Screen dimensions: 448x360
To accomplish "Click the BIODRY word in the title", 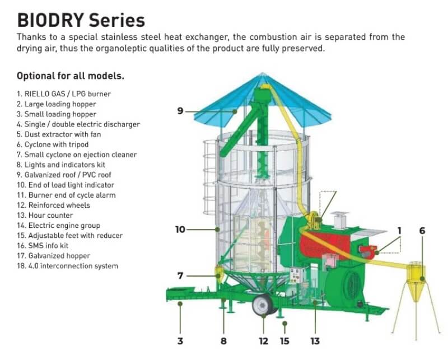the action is point(50,20).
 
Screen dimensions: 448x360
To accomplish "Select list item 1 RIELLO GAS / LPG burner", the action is point(64,93).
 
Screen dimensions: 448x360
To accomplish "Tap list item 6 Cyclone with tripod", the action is point(53,144).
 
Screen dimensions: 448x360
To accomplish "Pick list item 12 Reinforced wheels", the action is point(53,205).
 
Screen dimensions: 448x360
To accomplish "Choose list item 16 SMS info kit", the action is point(43,245).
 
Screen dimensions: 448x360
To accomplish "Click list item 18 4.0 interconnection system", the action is point(67,266).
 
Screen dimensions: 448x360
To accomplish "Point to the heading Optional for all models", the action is point(71,76).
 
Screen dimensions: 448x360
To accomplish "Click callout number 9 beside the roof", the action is point(180,110).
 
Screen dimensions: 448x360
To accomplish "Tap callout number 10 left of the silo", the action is point(180,230).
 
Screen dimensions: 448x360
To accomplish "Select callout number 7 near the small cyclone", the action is point(180,275).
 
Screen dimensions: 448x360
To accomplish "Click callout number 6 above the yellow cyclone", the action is point(422,231).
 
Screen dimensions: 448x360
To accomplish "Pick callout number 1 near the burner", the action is point(400,231).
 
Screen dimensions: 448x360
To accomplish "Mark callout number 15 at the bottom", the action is point(284,341).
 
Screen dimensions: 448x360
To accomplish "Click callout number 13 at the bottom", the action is point(315,341).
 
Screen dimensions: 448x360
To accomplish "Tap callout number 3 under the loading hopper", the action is point(180,341).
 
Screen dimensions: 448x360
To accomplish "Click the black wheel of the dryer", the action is point(263,305).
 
